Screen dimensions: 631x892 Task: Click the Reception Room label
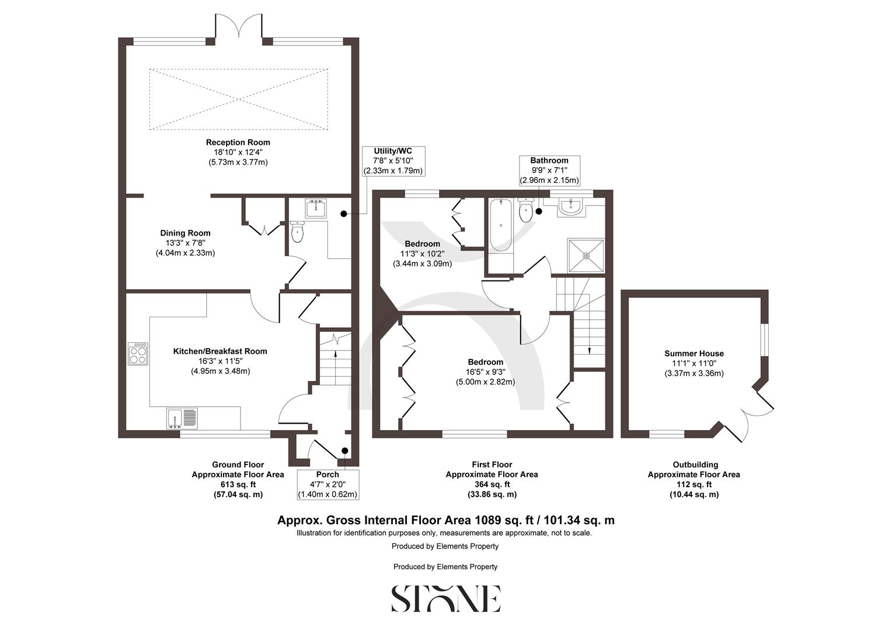[x=238, y=142]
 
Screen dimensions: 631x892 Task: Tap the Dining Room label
[x=185, y=233]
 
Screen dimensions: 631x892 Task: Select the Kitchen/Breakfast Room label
[x=220, y=351]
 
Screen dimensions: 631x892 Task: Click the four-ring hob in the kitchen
[x=138, y=353]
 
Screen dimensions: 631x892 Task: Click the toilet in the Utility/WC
[x=298, y=233]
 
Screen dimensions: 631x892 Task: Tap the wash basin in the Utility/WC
[x=316, y=209]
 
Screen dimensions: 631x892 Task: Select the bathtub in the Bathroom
[x=500, y=226]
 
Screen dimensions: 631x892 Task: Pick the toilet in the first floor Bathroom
[x=525, y=212]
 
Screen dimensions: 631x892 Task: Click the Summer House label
[x=694, y=353]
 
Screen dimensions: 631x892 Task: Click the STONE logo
[x=445, y=598]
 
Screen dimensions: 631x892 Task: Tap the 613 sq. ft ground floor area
[x=238, y=484]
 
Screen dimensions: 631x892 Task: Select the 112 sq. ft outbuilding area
[x=694, y=484]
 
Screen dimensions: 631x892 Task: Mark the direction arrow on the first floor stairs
[x=588, y=349]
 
